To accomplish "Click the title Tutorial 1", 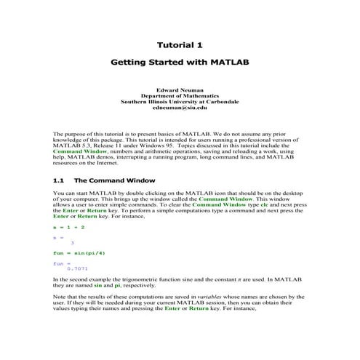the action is click(x=180, y=45).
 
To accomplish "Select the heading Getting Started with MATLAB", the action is click(x=180, y=63).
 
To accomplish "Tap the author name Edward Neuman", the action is click(x=180, y=89).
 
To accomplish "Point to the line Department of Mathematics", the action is click(x=180, y=95).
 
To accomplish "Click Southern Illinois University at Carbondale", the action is click(x=180, y=102).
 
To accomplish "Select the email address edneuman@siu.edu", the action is click(x=180, y=108).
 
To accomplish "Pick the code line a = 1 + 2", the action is click(x=69, y=227).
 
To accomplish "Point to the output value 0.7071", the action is click(x=77, y=268).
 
